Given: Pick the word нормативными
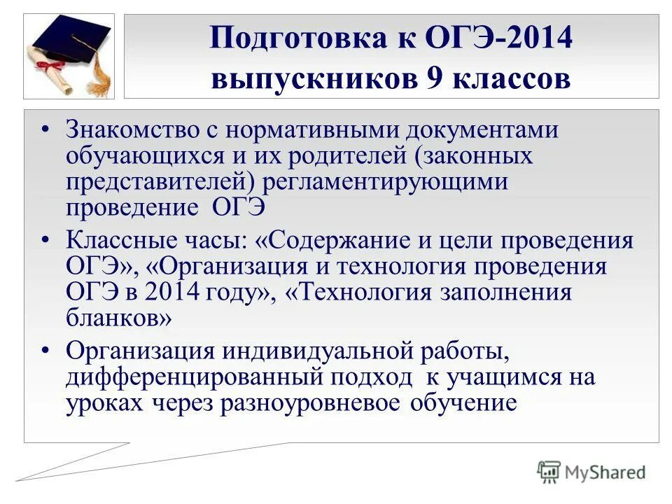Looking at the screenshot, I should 316,130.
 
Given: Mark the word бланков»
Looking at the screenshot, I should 119,317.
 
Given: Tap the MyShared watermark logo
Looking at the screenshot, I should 591,472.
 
